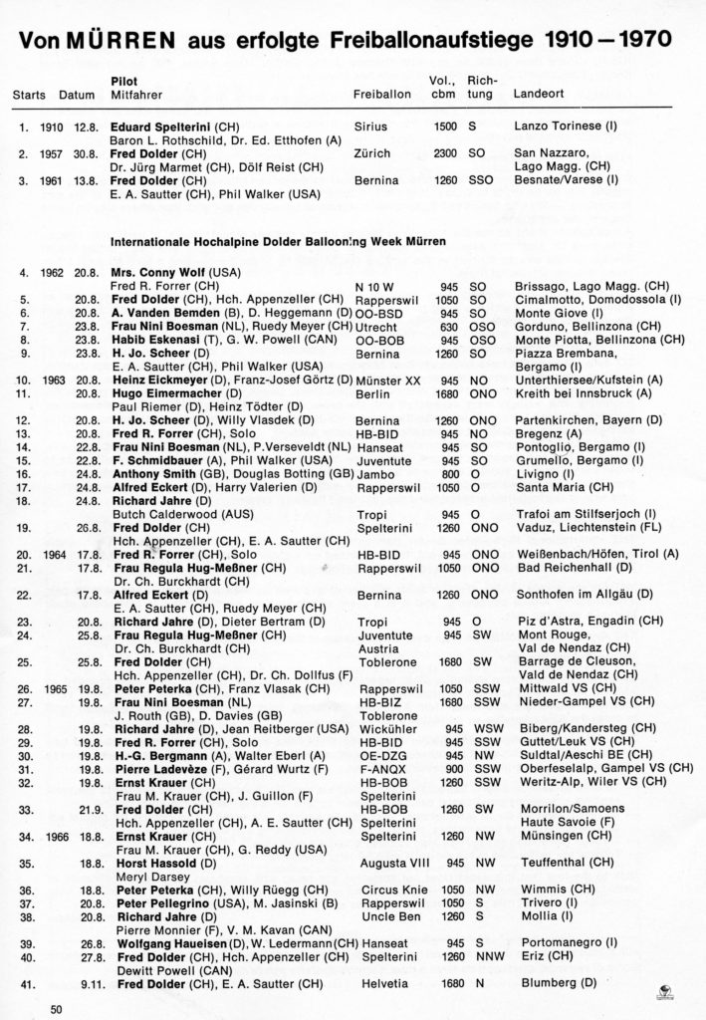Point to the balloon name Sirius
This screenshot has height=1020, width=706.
pyautogui.click(x=369, y=127)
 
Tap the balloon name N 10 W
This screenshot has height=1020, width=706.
pyautogui.click(x=370, y=286)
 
